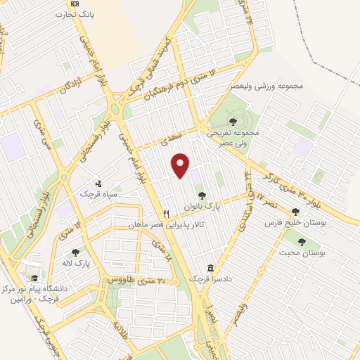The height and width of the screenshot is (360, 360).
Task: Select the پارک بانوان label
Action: (x=202, y=207)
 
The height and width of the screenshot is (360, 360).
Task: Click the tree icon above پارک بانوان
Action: (x=202, y=196)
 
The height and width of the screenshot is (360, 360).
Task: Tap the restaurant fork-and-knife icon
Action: (x=166, y=214)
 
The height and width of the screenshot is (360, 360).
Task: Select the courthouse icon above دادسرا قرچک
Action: (x=211, y=268)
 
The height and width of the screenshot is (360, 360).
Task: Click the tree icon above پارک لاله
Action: (x=75, y=252)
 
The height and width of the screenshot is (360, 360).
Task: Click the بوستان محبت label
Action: (x=302, y=252)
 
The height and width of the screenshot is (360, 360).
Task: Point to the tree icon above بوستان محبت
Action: (x=302, y=241)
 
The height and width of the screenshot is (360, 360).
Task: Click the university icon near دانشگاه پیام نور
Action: (x=32, y=269)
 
